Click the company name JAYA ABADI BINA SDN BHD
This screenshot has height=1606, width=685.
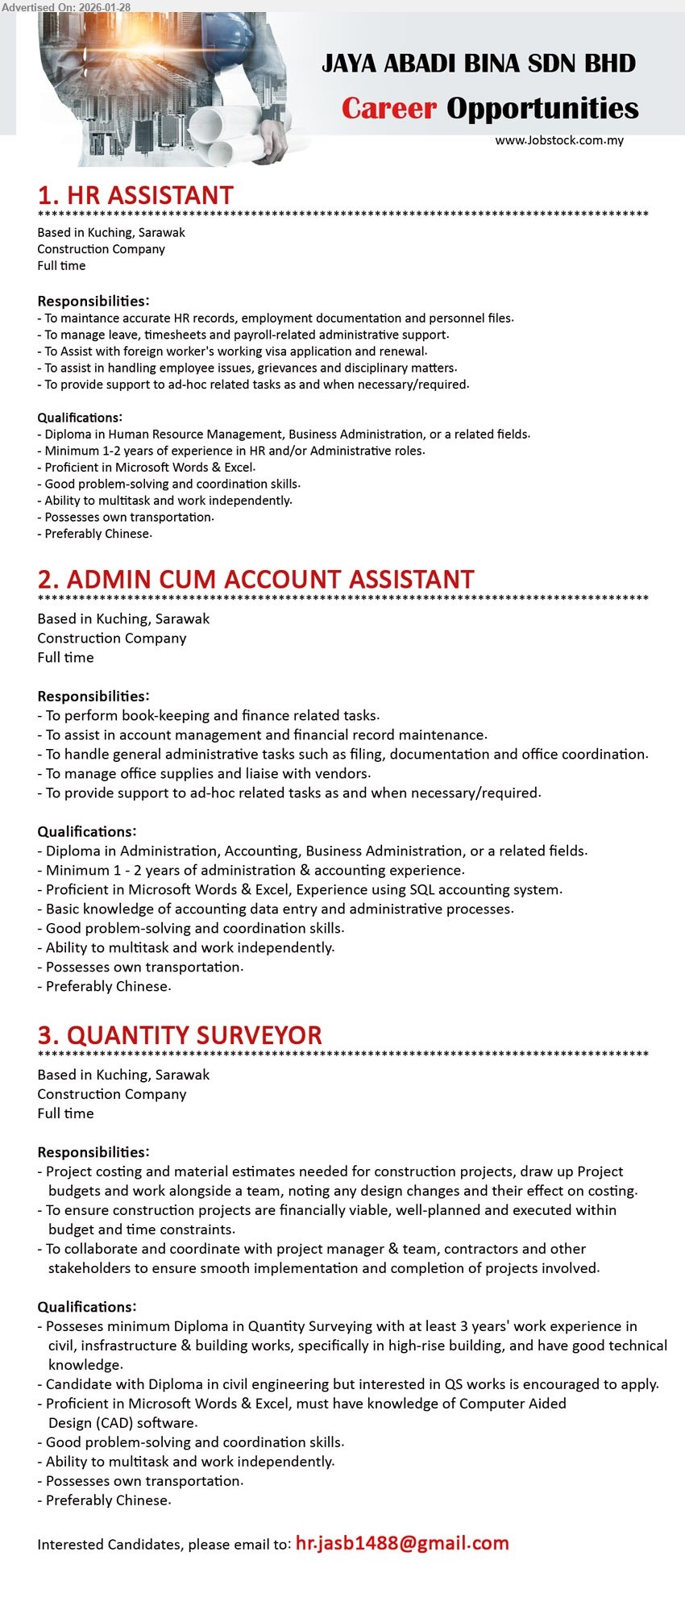pos(479,64)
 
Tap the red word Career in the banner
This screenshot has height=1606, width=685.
pos(388,108)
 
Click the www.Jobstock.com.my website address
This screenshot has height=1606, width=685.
pos(559,140)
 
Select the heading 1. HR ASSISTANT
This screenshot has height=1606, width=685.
pos(135,195)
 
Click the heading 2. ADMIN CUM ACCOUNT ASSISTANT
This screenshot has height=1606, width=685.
pos(255,580)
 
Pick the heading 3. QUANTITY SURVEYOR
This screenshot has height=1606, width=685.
pos(180,1035)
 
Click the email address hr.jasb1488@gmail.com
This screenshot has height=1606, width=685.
pos(402,1543)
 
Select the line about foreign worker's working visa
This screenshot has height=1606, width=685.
pos(234,352)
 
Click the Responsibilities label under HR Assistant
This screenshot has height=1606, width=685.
pos(93,301)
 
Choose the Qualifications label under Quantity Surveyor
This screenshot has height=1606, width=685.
pos(87,1307)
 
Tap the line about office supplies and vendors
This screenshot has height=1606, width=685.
pos(208,773)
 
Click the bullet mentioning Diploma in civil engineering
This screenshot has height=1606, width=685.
pos(352,1384)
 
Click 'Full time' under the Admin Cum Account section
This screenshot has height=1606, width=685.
pos(65,657)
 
